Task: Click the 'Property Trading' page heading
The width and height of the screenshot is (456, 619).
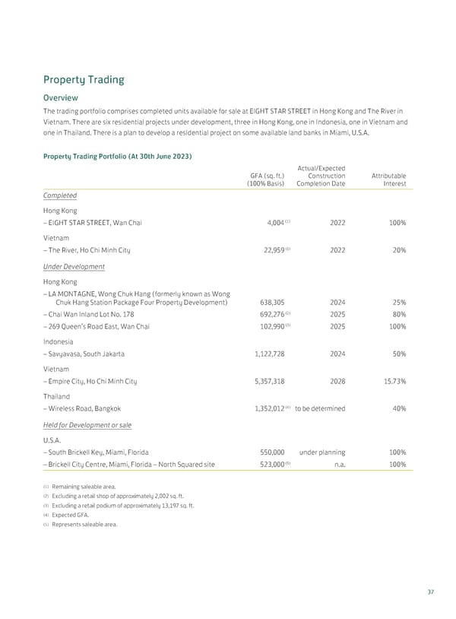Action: (x=83, y=79)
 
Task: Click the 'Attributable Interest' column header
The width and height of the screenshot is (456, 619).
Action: (x=388, y=179)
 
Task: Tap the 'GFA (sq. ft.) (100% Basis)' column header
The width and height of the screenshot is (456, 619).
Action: (x=261, y=179)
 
